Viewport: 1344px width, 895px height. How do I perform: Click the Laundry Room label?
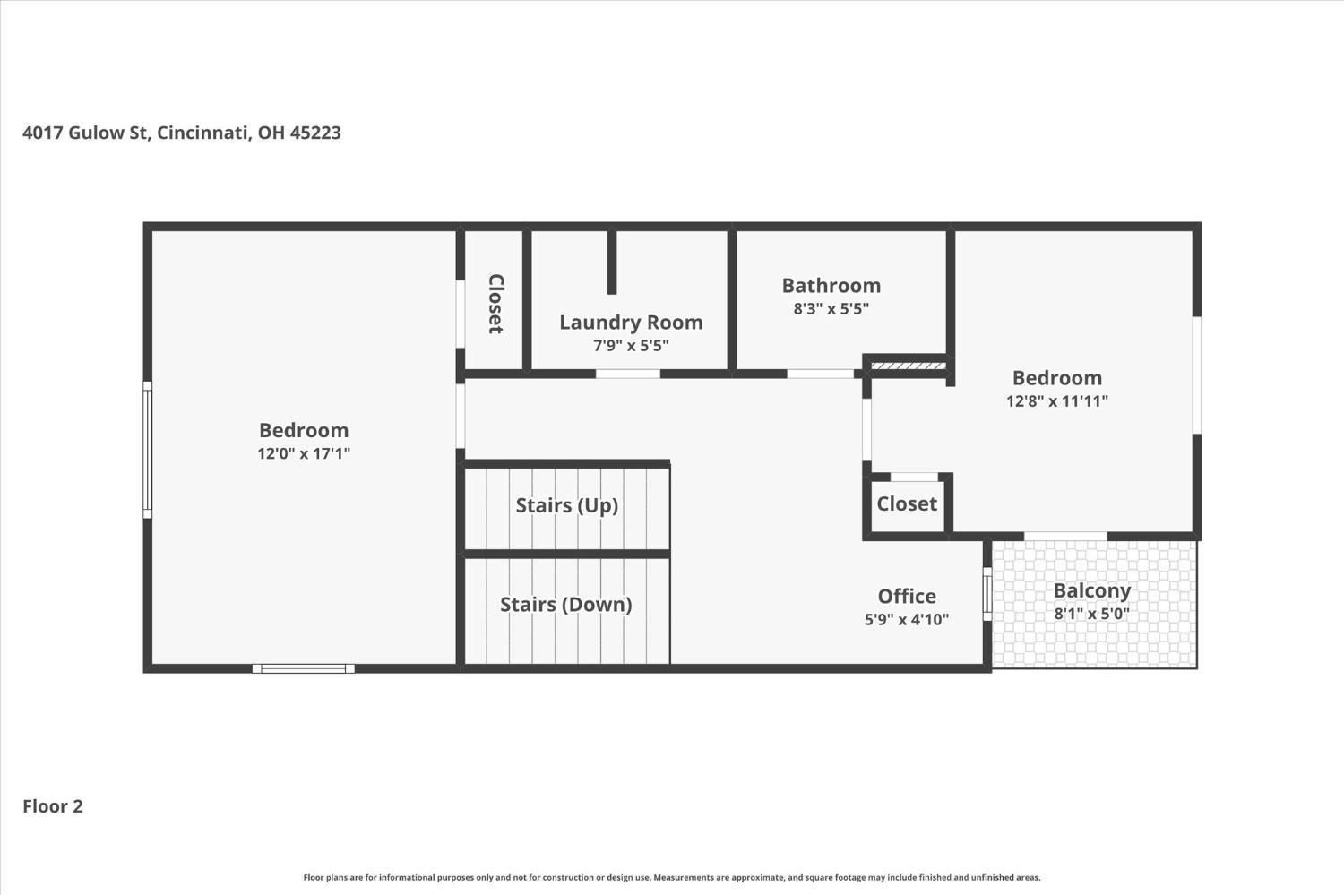point(631,323)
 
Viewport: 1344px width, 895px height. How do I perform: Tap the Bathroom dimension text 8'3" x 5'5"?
point(831,309)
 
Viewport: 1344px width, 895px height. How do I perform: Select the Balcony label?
point(1092,591)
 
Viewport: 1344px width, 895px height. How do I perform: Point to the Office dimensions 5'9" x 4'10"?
point(907,619)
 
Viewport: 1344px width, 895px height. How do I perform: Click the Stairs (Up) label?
point(567,505)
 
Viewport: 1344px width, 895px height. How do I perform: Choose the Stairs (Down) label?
point(566,604)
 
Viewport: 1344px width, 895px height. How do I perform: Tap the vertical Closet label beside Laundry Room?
point(495,304)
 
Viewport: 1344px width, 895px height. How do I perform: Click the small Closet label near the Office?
point(907,503)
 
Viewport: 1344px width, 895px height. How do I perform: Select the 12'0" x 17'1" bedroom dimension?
point(304,453)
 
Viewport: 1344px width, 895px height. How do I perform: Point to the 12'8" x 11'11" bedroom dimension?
point(1057,400)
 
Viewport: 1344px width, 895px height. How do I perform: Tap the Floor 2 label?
point(53,806)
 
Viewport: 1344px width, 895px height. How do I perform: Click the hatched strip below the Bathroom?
point(909,366)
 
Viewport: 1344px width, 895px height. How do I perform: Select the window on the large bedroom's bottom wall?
point(304,668)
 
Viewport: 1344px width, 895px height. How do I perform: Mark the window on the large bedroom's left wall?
point(147,450)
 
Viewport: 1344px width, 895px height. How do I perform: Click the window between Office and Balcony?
point(987,595)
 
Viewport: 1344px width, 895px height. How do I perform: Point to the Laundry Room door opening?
point(627,374)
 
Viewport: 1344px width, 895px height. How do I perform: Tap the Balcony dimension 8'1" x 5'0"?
point(1092,614)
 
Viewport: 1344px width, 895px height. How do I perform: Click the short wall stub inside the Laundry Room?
point(612,262)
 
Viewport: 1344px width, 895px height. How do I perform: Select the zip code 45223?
point(315,133)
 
